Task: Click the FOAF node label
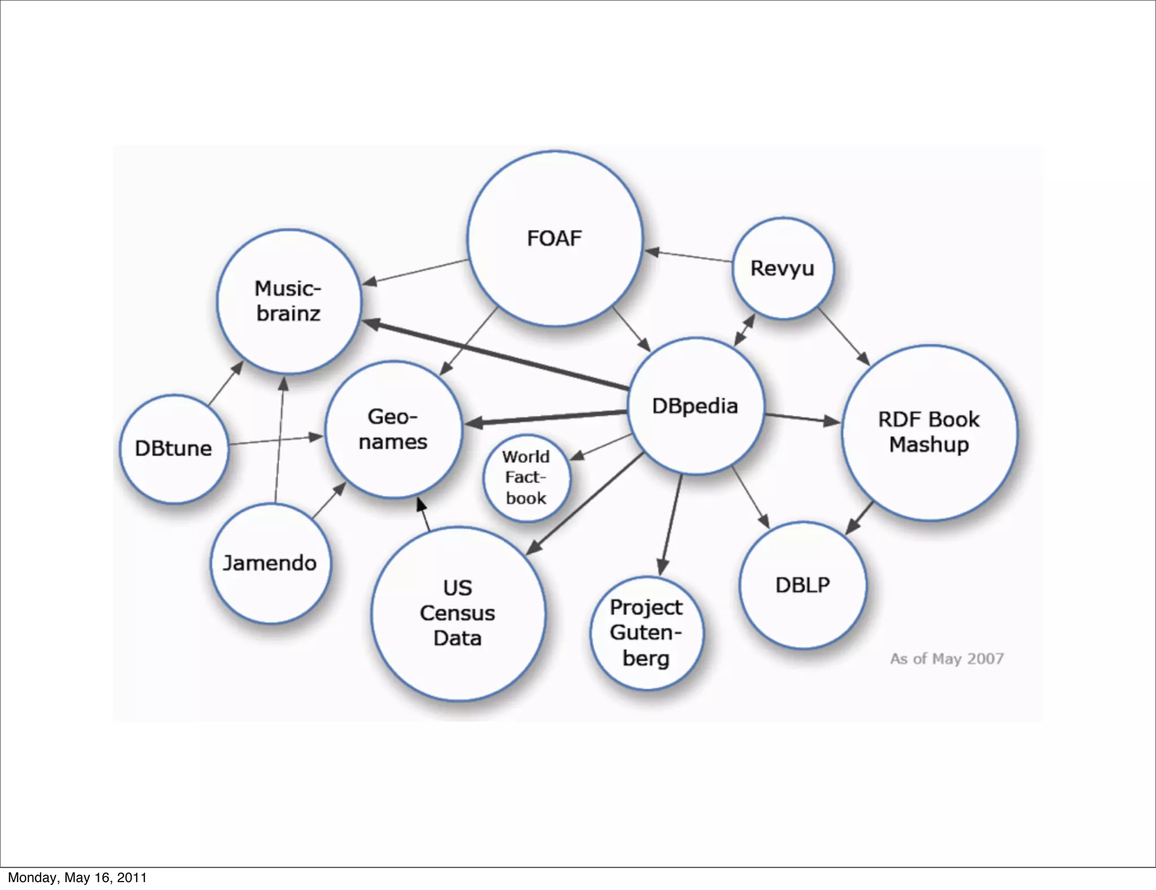tap(554, 238)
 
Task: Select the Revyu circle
tap(782, 268)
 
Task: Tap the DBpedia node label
tap(695, 406)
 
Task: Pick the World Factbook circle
tap(526, 478)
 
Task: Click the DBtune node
tap(174, 448)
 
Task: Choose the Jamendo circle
tap(270, 563)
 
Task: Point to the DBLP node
tap(802, 585)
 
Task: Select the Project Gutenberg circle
tap(646, 632)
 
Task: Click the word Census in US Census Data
tap(457, 613)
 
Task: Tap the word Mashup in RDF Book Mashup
tap(929, 444)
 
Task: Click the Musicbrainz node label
tap(288, 301)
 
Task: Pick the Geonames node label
tap(393, 429)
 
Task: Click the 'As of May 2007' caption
tap(947, 658)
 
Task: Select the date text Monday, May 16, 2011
tap(77, 878)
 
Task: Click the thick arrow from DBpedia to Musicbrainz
tap(497, 355)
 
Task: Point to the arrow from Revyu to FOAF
tap(689, 256)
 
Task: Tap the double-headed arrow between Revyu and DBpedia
tap(745, 330)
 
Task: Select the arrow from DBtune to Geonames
tap(275, 440)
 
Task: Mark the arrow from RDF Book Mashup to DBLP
tap(859, 517)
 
